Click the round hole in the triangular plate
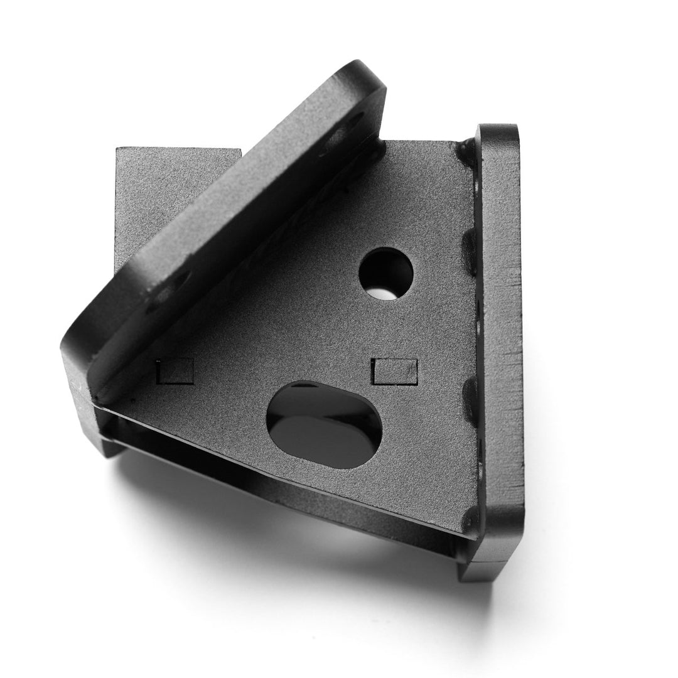[x=386, y=273]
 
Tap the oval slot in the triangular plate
[x=324, y=425]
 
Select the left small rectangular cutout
[x=175, y=370]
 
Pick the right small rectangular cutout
[x=394, y=371]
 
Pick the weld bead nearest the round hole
[x=470, y=251]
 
